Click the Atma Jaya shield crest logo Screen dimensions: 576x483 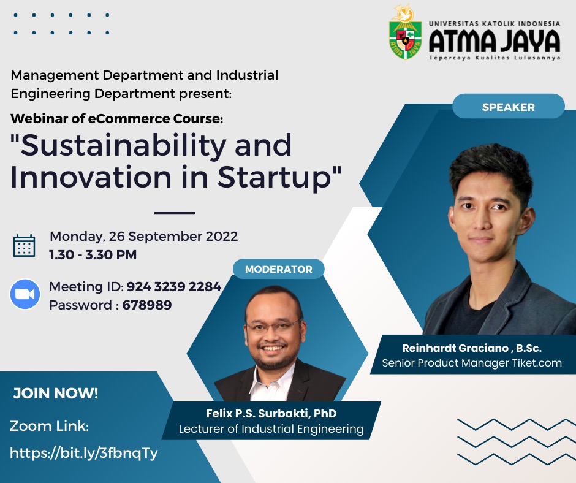point(405,32)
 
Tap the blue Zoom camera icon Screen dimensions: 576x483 point(25,294)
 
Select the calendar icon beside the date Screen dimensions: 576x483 point(25,246)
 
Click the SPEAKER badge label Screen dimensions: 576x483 point(509,107)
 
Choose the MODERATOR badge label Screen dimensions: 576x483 point(278,269)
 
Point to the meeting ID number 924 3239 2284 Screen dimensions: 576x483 point(174,286)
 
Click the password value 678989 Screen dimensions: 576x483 point(147,305)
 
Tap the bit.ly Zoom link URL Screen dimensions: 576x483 point(84,453)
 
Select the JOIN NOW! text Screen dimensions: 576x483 point(56,394)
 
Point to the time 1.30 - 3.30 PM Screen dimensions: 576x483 point(93,254)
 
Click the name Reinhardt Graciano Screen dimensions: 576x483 point(455,348)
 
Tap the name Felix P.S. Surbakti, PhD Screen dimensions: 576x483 point(271,413)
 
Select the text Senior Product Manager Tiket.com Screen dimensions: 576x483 point(472,363)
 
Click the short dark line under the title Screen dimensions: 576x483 point(175,213)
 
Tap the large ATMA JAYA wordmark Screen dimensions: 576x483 point(495,41)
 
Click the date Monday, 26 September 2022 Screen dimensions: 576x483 point(143,237)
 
